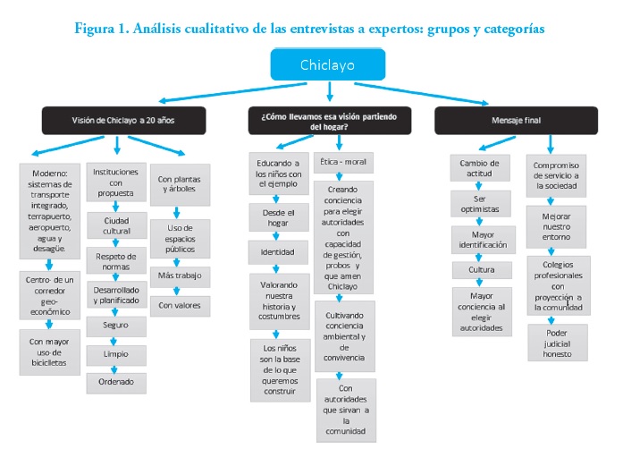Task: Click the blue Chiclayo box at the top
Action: click(x=328, y=64)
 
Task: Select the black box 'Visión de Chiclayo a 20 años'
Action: click(x=123, y=121)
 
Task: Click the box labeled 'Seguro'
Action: click(x=117, y=326)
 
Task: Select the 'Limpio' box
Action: click(x=117, y=355)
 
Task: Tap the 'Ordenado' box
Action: click(x=117, y=383)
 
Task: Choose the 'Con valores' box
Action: click(x=180, y=306)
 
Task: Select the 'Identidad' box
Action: click(x=277, y=253)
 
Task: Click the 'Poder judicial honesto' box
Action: click(x=557, y=343)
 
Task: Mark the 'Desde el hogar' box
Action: click(x=277, y=217)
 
